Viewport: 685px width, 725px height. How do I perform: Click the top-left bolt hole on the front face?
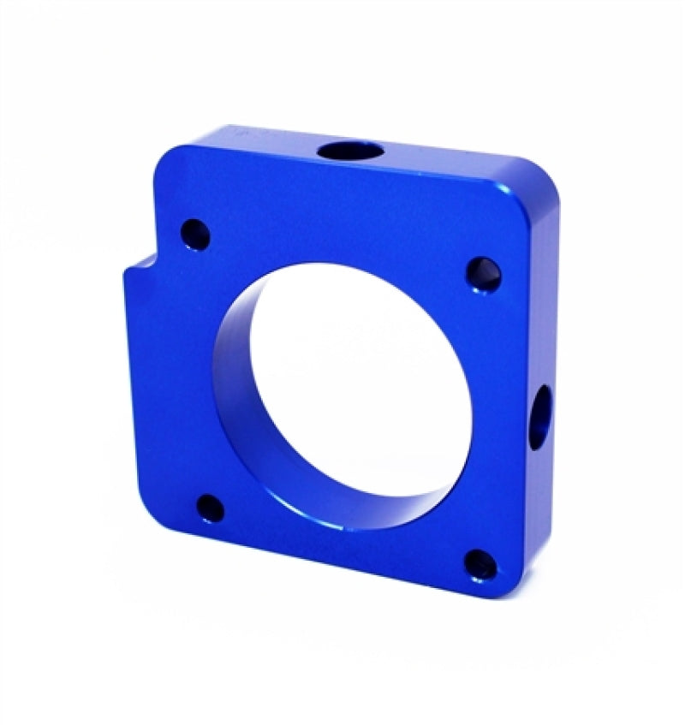click(195, 233)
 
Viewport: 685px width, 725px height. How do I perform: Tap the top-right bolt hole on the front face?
click(481, 274)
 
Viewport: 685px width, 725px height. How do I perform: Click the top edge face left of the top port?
click(257, 141)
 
